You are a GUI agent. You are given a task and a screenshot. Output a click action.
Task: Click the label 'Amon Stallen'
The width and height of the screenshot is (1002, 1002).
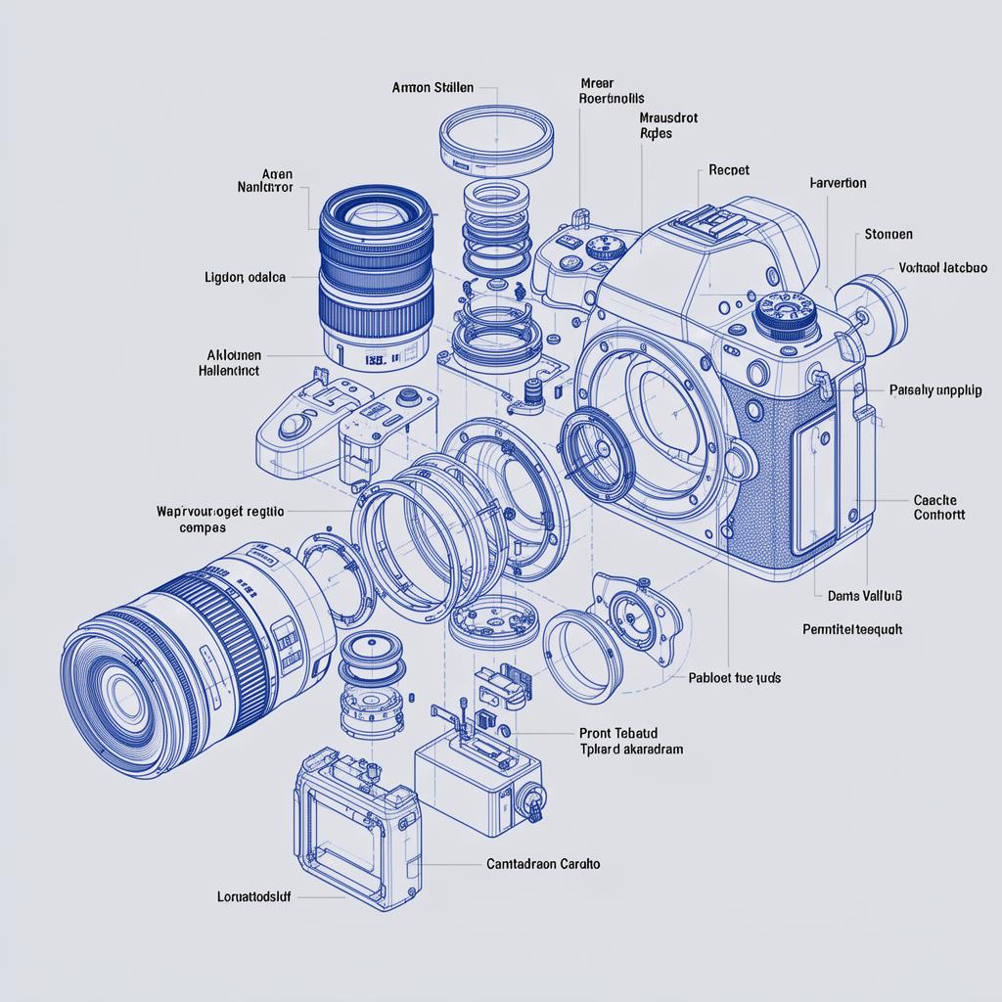pyautogui.click(x=432, y=88)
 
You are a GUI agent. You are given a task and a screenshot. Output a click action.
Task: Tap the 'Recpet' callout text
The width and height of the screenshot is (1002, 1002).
pyautogui.click(x=728, y=170)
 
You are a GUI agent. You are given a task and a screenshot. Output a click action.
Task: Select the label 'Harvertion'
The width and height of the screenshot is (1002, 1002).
pyautogui.click(x=838, y=183)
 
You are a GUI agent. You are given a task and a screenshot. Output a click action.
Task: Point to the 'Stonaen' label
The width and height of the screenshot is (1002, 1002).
pyautogui.click(x=888, y=235)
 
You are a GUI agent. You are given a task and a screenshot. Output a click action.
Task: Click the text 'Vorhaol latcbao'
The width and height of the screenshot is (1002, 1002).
pyautogui.click(x=942, y=267)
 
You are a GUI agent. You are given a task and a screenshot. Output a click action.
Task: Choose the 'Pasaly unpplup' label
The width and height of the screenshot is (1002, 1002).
pyautogui.click(x=935, y=389)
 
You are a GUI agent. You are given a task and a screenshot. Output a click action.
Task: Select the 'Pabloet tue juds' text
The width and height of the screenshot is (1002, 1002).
pyautogui.click(x=734, y=677)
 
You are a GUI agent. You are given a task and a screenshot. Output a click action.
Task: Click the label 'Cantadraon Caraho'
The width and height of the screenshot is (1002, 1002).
pyautogui.click(x=543, y=864)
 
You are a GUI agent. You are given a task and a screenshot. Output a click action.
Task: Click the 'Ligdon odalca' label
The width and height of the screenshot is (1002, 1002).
pyautogui.click(x=246, y=277)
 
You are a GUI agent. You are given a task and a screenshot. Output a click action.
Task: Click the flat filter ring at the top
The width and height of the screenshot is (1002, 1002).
pyautogui.click(x=497, y=136)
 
